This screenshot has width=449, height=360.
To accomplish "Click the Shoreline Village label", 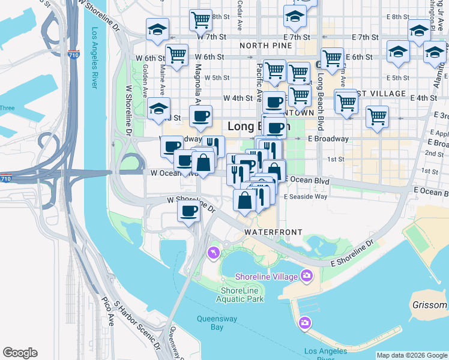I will pos(267,277).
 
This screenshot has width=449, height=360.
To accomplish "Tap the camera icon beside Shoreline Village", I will pos(307,276).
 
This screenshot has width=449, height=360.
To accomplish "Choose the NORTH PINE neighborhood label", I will pos(263,46).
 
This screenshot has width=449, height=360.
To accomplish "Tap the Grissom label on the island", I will pos(429,305).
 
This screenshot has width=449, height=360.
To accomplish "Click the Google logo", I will pos(20,353).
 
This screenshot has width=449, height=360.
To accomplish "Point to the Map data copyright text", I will pos(411,355).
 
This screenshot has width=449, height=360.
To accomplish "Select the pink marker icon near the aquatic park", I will pos(212,254).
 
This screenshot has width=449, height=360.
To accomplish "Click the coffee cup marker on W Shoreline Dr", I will pos(189,211).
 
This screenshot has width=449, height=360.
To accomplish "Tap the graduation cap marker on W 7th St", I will pos(157,29).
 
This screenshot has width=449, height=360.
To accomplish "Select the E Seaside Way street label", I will pos(306,197).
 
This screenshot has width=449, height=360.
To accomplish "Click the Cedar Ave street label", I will pos(240,18).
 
